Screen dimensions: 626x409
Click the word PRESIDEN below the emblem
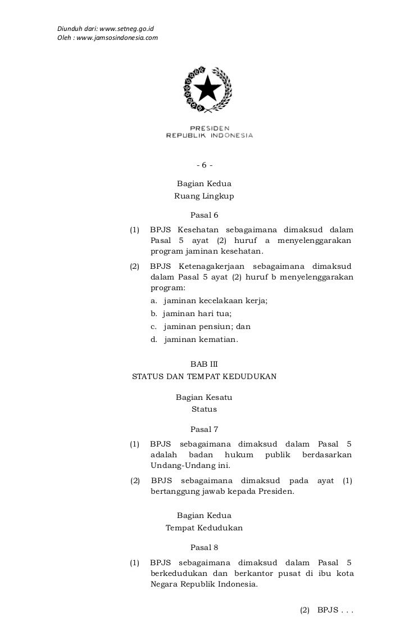209,128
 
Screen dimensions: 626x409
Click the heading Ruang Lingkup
204,196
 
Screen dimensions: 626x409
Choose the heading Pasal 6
204,215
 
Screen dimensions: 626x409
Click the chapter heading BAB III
204,364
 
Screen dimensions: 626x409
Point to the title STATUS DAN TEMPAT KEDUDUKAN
204,377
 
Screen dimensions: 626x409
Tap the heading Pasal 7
204,430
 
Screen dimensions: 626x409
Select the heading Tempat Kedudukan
204,529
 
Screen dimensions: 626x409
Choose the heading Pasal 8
204,547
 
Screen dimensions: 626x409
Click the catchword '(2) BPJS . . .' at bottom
326,611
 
